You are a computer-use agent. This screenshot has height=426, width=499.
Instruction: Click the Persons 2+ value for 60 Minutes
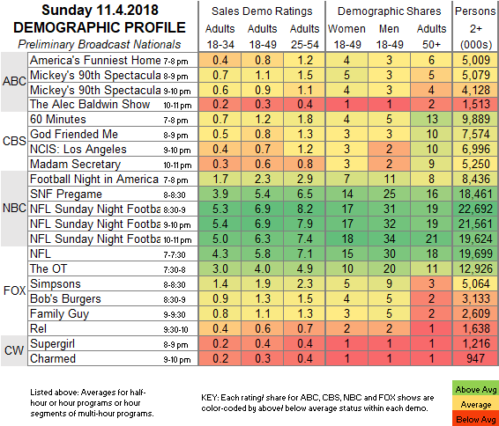click(475, 119)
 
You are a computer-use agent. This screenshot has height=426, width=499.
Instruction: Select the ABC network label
click(14, 81)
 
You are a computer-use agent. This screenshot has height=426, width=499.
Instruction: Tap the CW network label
click(14, 350)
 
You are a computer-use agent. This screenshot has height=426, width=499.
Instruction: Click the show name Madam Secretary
click(76, 165)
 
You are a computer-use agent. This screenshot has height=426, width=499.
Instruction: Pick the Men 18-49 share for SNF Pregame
click(389, 195)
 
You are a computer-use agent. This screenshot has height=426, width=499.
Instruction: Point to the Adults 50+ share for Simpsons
click(431, 283)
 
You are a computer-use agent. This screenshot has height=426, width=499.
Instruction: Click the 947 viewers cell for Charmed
click(475, 358)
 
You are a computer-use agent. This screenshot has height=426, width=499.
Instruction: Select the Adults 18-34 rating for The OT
click(220, 268)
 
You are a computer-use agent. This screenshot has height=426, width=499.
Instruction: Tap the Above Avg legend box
click(475, 389)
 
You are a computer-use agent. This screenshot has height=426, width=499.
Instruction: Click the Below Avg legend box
click(475, 419)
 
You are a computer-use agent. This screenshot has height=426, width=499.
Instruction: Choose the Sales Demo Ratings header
click(262, 11)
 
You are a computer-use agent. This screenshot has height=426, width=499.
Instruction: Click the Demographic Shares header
click(389, 11)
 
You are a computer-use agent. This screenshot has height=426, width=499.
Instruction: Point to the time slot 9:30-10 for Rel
click(175, 329)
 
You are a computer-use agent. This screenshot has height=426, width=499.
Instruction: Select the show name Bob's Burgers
click(65, 299)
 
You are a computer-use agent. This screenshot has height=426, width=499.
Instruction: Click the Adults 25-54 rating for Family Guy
click(304, 314)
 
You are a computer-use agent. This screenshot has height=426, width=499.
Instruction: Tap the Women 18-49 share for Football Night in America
click(346, 180)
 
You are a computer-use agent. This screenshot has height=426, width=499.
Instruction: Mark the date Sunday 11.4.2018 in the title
click(100, 11)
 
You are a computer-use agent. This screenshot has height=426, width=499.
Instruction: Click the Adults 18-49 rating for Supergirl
click(263, 344)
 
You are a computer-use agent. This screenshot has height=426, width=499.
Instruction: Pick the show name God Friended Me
click(74, 134)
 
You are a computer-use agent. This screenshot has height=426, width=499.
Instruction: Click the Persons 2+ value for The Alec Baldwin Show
click(475, 104)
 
